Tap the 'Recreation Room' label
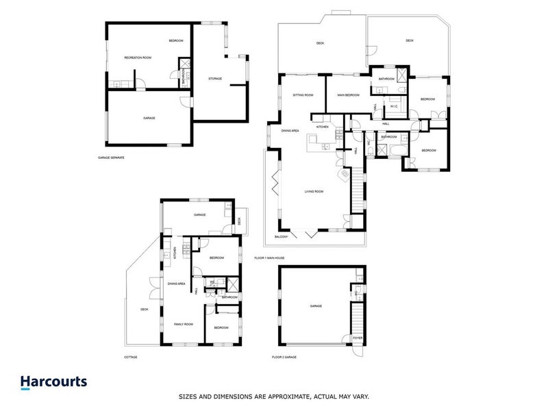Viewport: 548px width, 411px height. [x=138, y=58]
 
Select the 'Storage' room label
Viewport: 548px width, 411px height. [x=214, y=79]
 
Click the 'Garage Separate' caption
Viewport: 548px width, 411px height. [x=111, y=158]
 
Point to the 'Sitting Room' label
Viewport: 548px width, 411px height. [x=303, y=95]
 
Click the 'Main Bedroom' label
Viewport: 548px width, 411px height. [x=349, y=95]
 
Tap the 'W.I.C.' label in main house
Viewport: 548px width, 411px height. [x=394, y=106]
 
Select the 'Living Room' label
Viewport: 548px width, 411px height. [x=314, y=192]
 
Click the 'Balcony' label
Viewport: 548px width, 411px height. [x=282, y=237]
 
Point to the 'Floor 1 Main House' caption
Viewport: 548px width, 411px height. [x=269, y=258]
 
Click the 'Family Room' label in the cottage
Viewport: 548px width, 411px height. [x=184, y=323]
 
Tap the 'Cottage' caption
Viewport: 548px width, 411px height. [x=130, y=357]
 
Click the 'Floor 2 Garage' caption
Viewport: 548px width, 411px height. [x=285, y=357]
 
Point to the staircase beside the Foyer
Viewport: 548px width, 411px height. [x=357, y=319]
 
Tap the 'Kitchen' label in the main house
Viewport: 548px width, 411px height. [x=323, y=127]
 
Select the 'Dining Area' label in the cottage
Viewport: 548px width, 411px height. [x=177, y=283]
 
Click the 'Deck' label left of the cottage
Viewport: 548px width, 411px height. [x=145, y=309]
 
